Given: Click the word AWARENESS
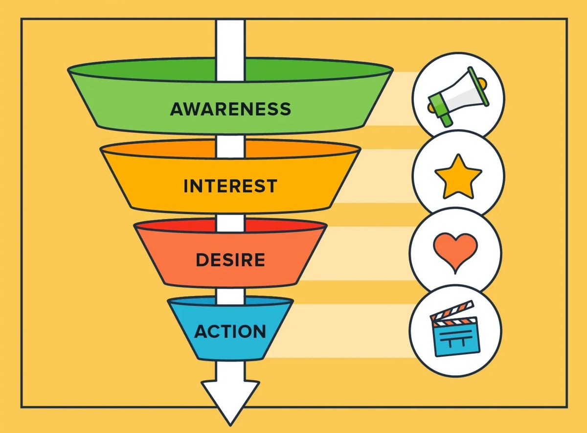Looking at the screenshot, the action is click(230, 109).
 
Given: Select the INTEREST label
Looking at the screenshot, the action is click(230, 186).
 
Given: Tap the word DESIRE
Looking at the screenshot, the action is click(230, 260).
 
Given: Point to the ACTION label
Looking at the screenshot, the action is click(230, 331).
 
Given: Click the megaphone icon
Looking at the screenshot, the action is click(458, 96).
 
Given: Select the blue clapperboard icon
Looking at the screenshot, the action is click(455, 329).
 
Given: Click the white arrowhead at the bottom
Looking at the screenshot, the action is click(230, 402).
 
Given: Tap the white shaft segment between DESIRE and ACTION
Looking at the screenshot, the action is click(230, 296).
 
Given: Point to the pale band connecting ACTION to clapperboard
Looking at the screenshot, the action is click(340, 331).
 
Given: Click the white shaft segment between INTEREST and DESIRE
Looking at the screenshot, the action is click(230, 223).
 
